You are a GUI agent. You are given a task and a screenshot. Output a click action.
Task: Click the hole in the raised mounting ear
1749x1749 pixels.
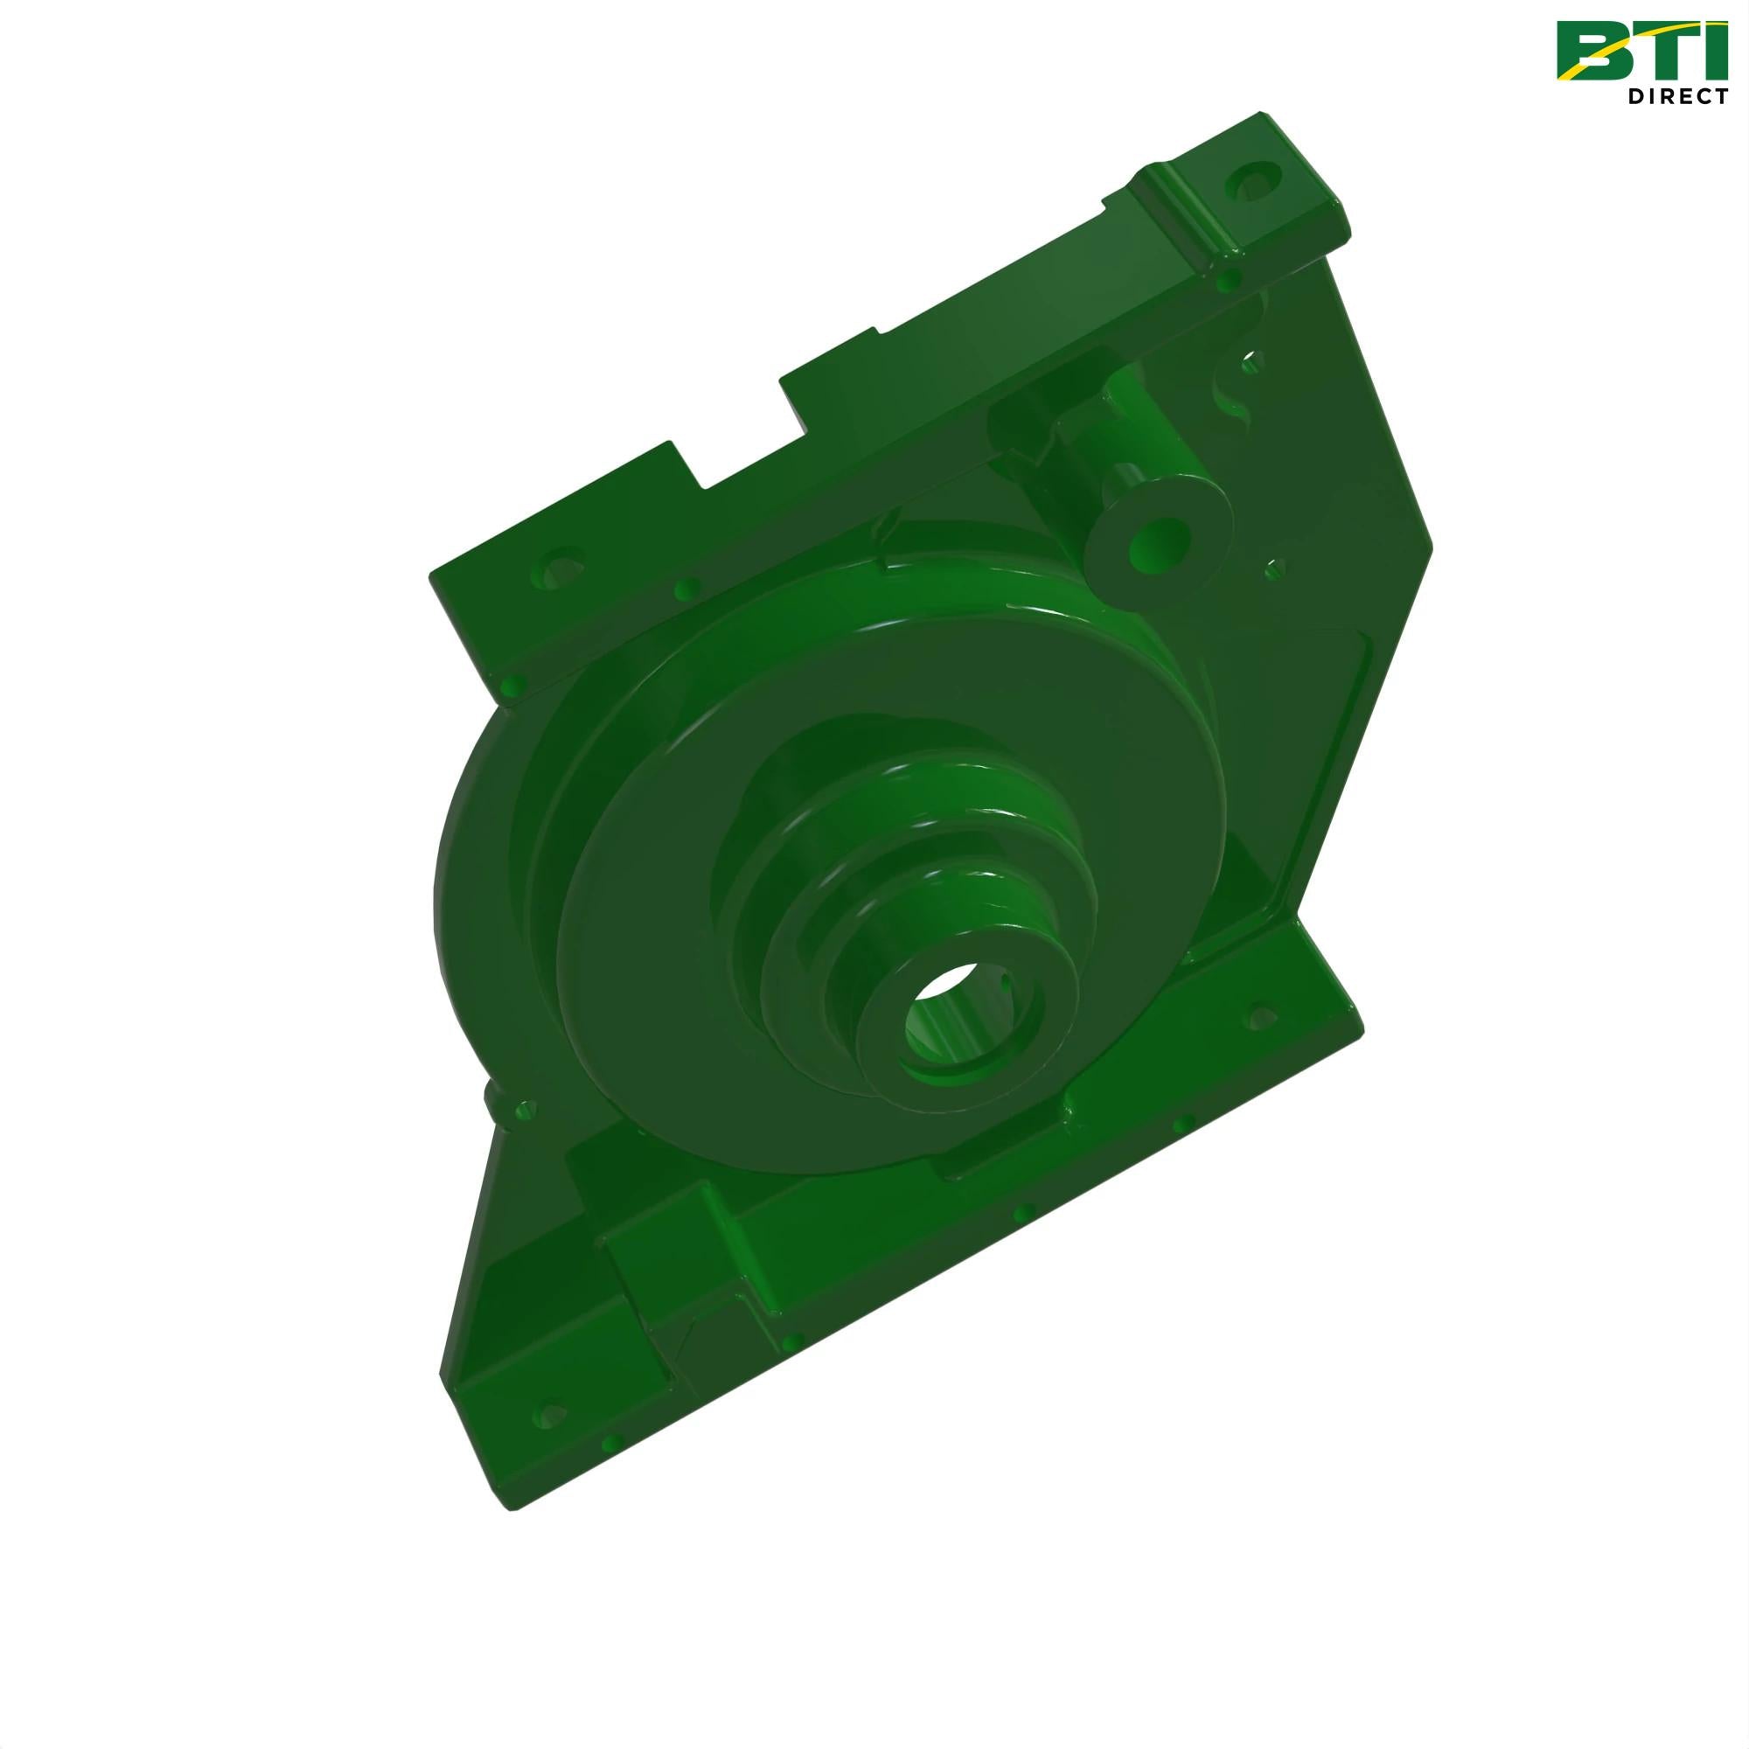coord(1255,180)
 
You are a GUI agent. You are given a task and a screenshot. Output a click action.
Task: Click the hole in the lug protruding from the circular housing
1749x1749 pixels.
coord(523,1107)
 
